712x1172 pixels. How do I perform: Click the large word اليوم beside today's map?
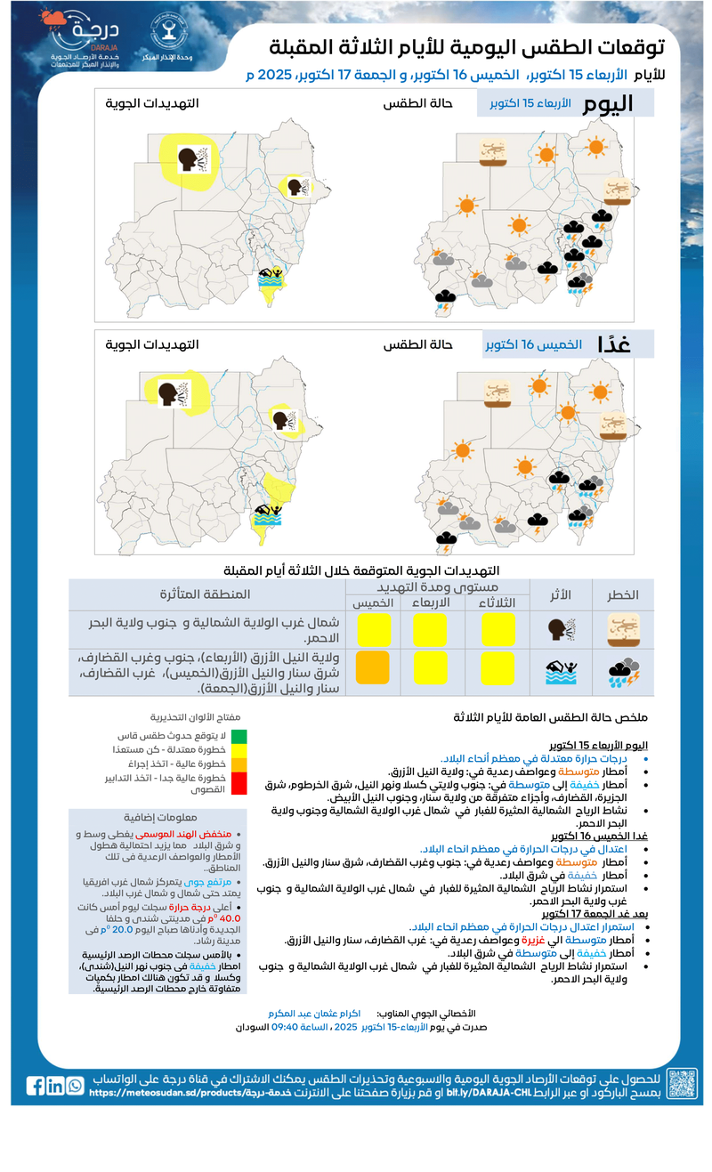[x=609, y=103]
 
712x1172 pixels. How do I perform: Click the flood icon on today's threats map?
[x=271, y=277]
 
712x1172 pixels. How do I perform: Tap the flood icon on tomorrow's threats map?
[x=268, y=514]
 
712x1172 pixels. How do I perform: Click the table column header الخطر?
[x=623, y=594]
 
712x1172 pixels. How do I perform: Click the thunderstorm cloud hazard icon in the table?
[x=623, y=673]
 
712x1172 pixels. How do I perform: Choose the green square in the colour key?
[x=239, y=736]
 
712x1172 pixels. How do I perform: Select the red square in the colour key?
[x=239, y=782]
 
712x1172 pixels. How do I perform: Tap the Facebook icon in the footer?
[x=36, y=1086]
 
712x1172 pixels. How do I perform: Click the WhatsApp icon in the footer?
[x=75, y=1086]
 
